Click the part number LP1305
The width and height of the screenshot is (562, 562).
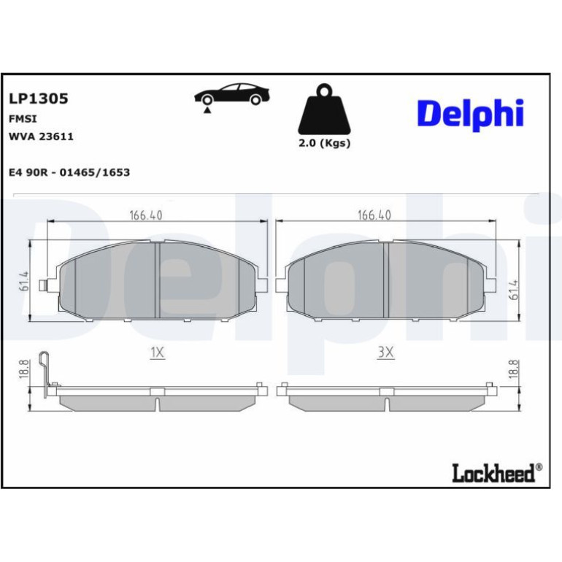point(39,99)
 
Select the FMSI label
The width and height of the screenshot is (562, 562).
point(23,119)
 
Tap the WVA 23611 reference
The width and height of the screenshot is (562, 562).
point(41,136)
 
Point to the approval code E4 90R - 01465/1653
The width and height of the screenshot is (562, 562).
point(69,172)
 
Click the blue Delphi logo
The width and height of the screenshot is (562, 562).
point(470,114)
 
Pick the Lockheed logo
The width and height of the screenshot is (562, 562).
point(497,473)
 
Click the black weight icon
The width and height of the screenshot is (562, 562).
point(324,109)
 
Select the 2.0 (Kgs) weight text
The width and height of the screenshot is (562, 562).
point(324,143)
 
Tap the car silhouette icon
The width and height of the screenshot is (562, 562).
point(232,95)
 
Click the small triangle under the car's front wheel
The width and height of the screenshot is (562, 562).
point(207,110)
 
